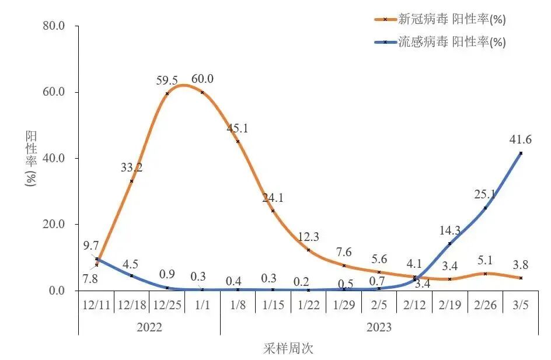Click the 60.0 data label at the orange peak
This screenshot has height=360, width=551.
coord(203,79)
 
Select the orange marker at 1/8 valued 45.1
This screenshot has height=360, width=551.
coord(238,141)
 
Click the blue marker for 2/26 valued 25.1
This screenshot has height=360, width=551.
coord(485,208)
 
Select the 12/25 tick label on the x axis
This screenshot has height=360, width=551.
coord(167,305)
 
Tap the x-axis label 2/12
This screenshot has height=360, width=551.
coord(414,305)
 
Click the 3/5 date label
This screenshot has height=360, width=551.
coord(521,305)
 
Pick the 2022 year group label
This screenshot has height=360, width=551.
coord(149,327)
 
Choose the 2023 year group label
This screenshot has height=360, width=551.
coord(379,327)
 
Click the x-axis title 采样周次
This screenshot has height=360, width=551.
coord(288,349)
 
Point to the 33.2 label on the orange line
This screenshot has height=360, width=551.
coord(132,167)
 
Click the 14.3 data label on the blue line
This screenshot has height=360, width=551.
coord(450,230)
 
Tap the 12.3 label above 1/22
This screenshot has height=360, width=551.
coord(308,237)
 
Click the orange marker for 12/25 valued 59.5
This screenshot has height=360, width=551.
coord(167,93)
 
